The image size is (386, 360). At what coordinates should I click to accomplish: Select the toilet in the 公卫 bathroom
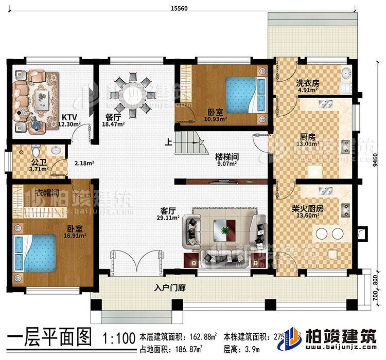[35, 152]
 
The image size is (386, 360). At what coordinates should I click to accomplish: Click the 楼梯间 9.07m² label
[226, 160]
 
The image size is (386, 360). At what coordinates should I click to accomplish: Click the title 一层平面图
[50, 339]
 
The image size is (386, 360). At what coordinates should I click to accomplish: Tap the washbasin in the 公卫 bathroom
[56, 151]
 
